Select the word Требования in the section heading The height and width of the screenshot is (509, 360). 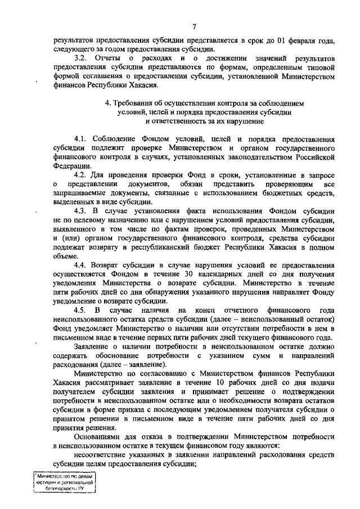click(x=138, y=103)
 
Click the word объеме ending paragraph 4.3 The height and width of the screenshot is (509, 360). click(x=66, y=256)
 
